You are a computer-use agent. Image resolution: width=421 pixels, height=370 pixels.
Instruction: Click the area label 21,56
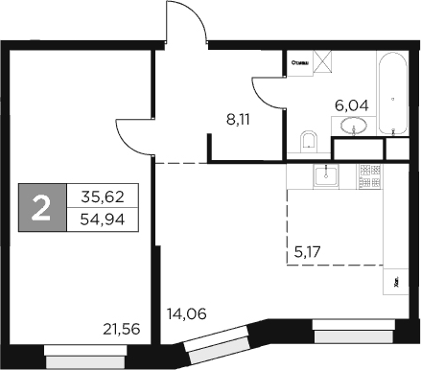(120, 329)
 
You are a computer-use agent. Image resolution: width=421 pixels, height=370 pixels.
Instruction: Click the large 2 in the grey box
(41, 207)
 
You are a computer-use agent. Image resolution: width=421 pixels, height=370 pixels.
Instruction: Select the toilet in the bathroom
(309, 142)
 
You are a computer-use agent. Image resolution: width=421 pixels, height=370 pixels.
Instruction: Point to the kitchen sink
(331, 174)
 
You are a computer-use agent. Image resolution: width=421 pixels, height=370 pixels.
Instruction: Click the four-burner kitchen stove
(369, 174)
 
